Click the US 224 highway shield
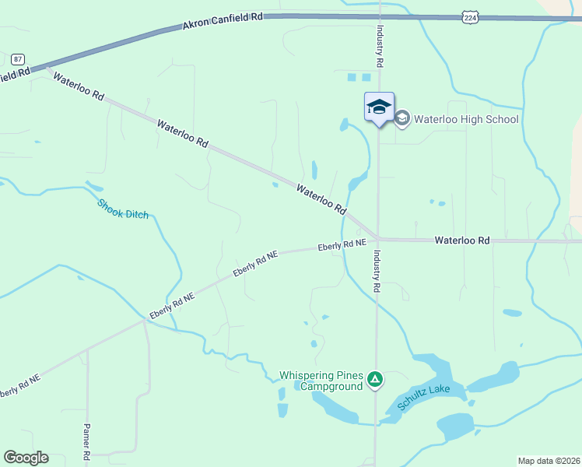point(468,17)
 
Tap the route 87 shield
point(18,59)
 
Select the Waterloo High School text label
point(466,119)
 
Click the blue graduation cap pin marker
point(379,107)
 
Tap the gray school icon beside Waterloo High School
point(402,118)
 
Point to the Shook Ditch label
point(122,209)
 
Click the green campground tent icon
point(376,380)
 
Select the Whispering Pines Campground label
point(321,381)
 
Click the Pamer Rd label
point(87,441)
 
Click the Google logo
point(26,458)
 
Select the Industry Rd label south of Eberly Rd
point(377,271)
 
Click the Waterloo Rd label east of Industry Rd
point(462,241)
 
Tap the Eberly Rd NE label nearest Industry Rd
point(342,245)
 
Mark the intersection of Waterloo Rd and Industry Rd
point(378,239)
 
